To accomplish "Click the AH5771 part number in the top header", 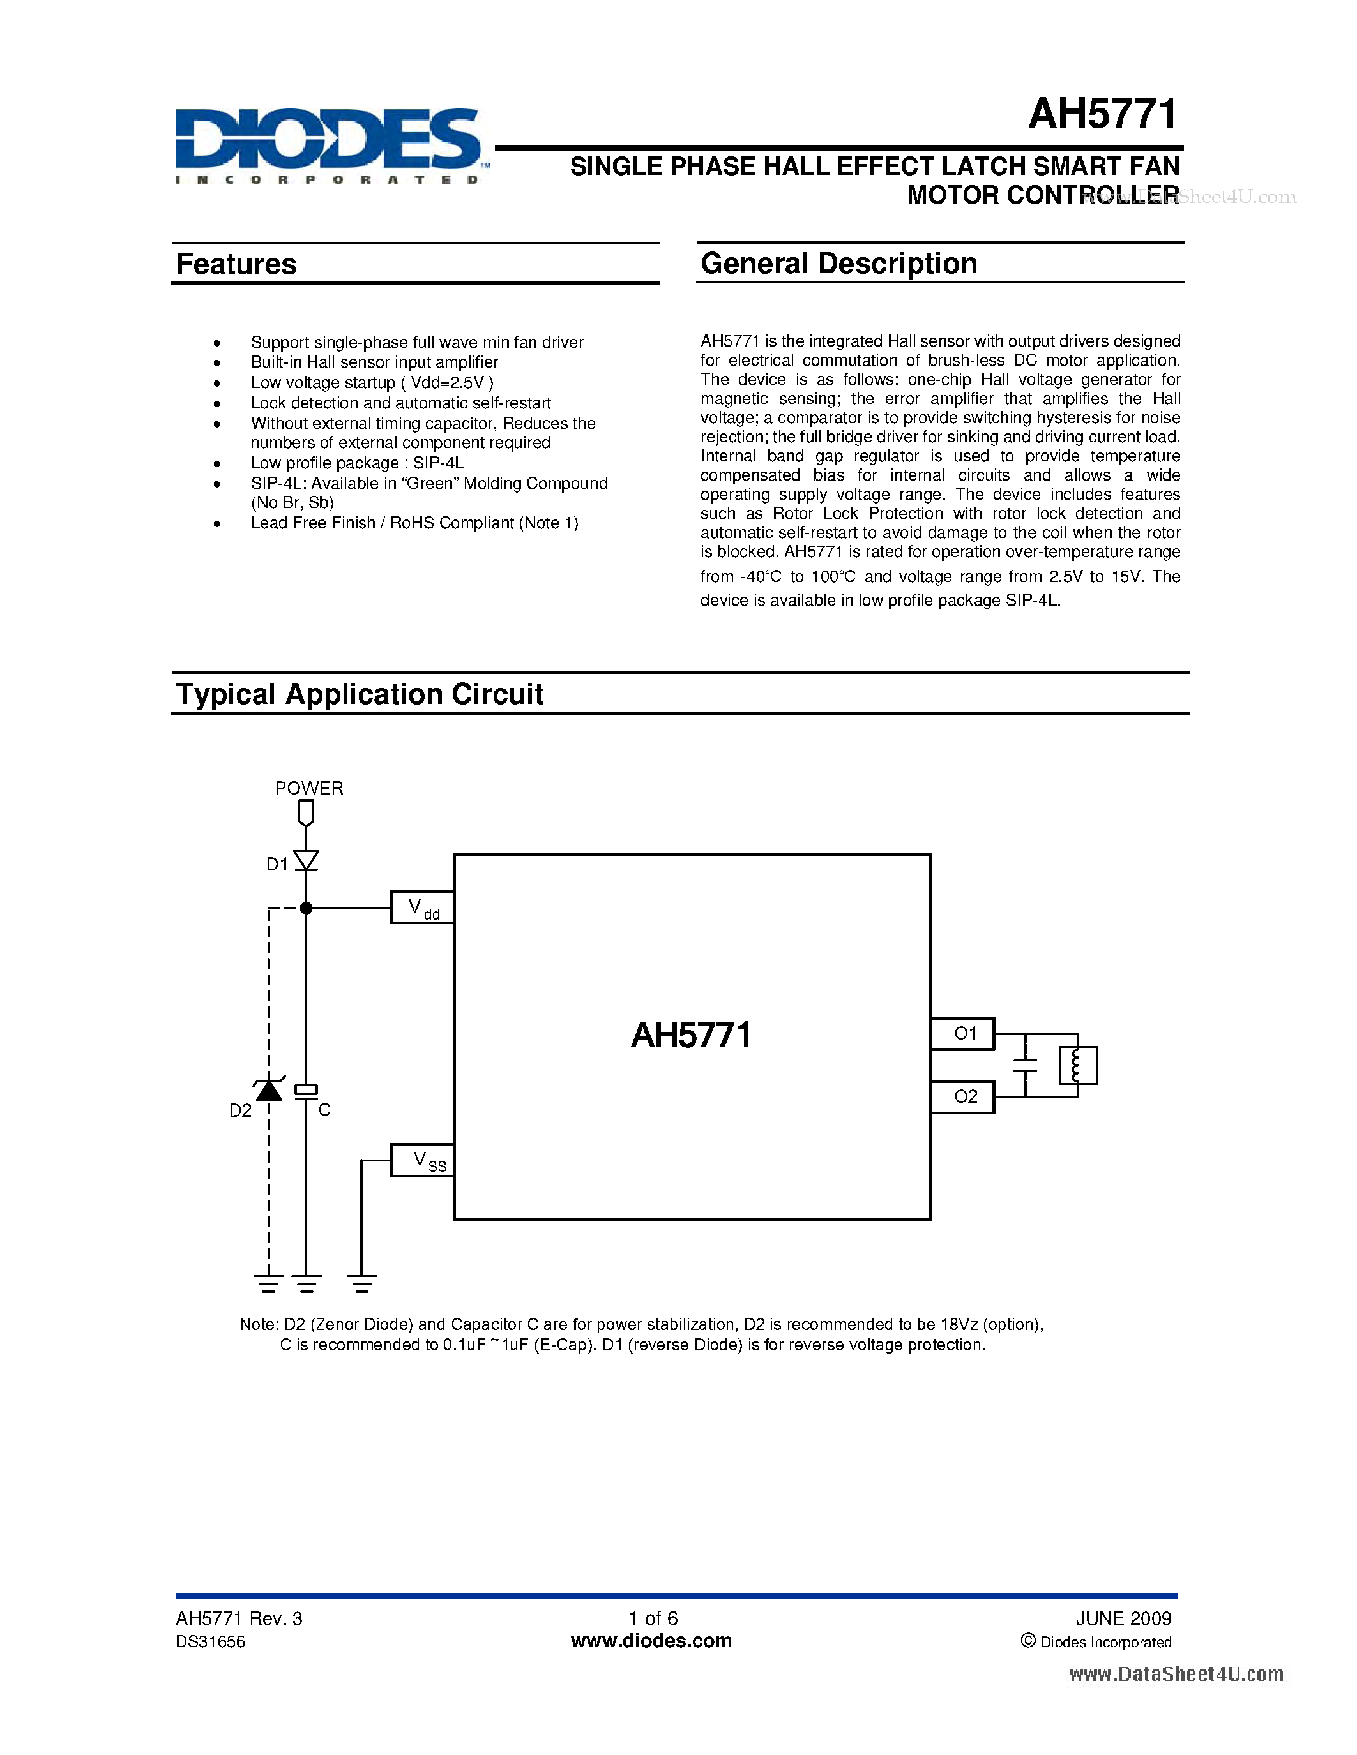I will pyautogui.click(x=1102, y=114).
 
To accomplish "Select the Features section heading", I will pyautogui.click(x=236, y=264).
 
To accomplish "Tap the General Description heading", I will pyautogui.click(x=838, y=264).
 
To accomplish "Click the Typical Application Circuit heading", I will pyautogui.click(x=360, y=694).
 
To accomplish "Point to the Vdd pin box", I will pyautogui.click(x=422, y=907).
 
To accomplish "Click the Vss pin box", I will pyautogui.click(x=422, y=1160).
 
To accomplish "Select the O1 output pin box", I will pyautogui.click(x=962, y=1033).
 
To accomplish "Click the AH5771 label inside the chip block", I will pyautogui.click(x=692, y=1035).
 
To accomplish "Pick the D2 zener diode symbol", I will pyautogui.click(x=268, y=1089).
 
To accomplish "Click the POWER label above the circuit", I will pyautogui.click(x=308, y=788).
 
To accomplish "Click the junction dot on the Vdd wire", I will pyautogui.click(x=307, y=908).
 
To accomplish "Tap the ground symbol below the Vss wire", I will pyautogui.click(x=361, y=1283).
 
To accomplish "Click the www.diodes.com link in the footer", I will pyautogui.click(x=651, y=1641).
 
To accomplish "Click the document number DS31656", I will pyautogui.click(x=211, y=1641).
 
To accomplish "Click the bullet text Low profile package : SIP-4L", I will pyautogui.click(x=357, y=463).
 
